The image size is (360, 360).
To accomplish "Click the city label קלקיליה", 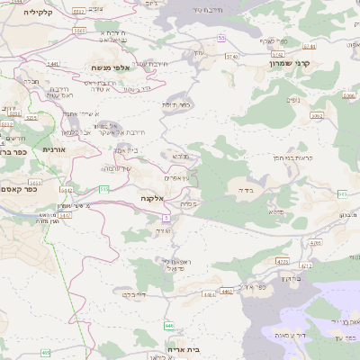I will pyautogui.click(x=39, y=12).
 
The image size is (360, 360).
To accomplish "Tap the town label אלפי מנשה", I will pyautogui.click(x=112, y=67).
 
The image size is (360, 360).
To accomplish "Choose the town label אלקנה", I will pyautogui.click(x=150, y=197).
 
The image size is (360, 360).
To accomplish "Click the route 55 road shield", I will pyautogui.click(x=221, y=38).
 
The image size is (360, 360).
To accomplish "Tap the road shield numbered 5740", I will pyautogui.click(x=232, y=56).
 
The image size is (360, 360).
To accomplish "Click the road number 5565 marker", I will pyautogui.click(x=79, y=31).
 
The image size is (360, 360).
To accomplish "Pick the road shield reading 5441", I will pyautogui.click(x=53, y=64).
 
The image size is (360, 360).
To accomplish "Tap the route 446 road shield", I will pyautogui.click(x=168, y=324).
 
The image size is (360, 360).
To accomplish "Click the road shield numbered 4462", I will pyautogui.click(x=227, y=292).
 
